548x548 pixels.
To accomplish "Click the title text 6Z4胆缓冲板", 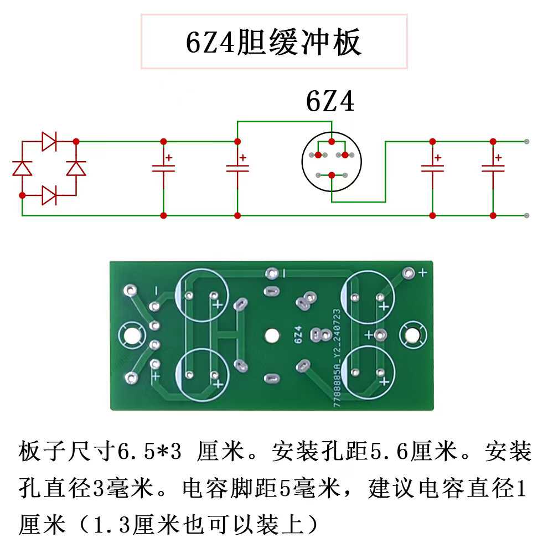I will (x=274, y=43).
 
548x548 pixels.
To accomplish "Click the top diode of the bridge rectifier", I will (x=49, y=142).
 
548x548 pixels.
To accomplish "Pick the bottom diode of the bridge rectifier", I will (x=49, y=195).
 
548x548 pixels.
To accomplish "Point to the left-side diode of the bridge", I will (x=22, y=168).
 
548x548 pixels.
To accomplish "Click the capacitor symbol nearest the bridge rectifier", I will (x=163, y=167).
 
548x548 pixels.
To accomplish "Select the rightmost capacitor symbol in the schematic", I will (x=492, y=167).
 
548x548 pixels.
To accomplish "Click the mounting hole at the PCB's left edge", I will (x=132, y=335).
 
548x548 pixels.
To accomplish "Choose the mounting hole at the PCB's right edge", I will (x=412, y=334).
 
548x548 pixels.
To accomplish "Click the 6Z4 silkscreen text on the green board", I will (x=298, y=335).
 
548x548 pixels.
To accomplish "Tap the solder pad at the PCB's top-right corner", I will (x=409, y=273).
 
